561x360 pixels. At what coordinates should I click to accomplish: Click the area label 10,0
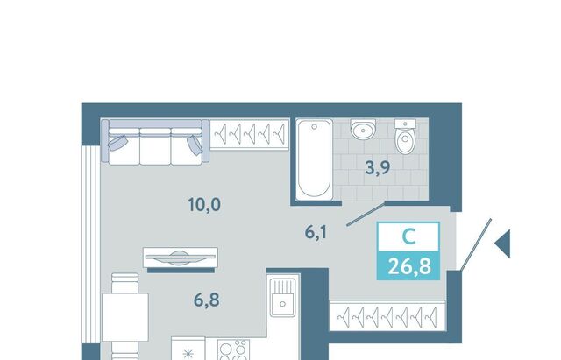[x=204, y=205]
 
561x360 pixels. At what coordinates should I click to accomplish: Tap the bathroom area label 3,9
[x=378, y=167]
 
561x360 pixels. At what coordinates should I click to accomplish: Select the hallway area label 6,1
[x=316, y=232]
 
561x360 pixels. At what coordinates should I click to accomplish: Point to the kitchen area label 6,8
[x=207, y=300]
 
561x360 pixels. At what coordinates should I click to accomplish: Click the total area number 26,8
[x=409, y=266]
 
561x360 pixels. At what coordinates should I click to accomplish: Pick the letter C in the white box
[x=408, y=236]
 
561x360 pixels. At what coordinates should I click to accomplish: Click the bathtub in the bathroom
[x=315, y=159]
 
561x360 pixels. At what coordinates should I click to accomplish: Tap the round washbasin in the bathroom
[x=363, y=130]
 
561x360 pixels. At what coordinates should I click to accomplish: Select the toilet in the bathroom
[x=405, y=138]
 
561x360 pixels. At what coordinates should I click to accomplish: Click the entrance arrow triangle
[x=503, y=244]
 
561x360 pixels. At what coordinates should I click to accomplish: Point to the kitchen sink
[x=282, y=298]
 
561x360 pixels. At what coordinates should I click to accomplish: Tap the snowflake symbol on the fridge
[x=188, y=354]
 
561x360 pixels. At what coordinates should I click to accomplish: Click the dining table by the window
[x=125, y=317]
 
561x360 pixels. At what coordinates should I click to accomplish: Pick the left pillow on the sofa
[x=117, y=143]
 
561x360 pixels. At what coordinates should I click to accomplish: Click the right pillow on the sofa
[x=195, y=145]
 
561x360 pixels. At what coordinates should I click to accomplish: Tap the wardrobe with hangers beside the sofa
[x=249, y=134]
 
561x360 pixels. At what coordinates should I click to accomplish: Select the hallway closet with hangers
[x=387, y=317]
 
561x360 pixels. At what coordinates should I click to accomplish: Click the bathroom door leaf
[x=366, y=214]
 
